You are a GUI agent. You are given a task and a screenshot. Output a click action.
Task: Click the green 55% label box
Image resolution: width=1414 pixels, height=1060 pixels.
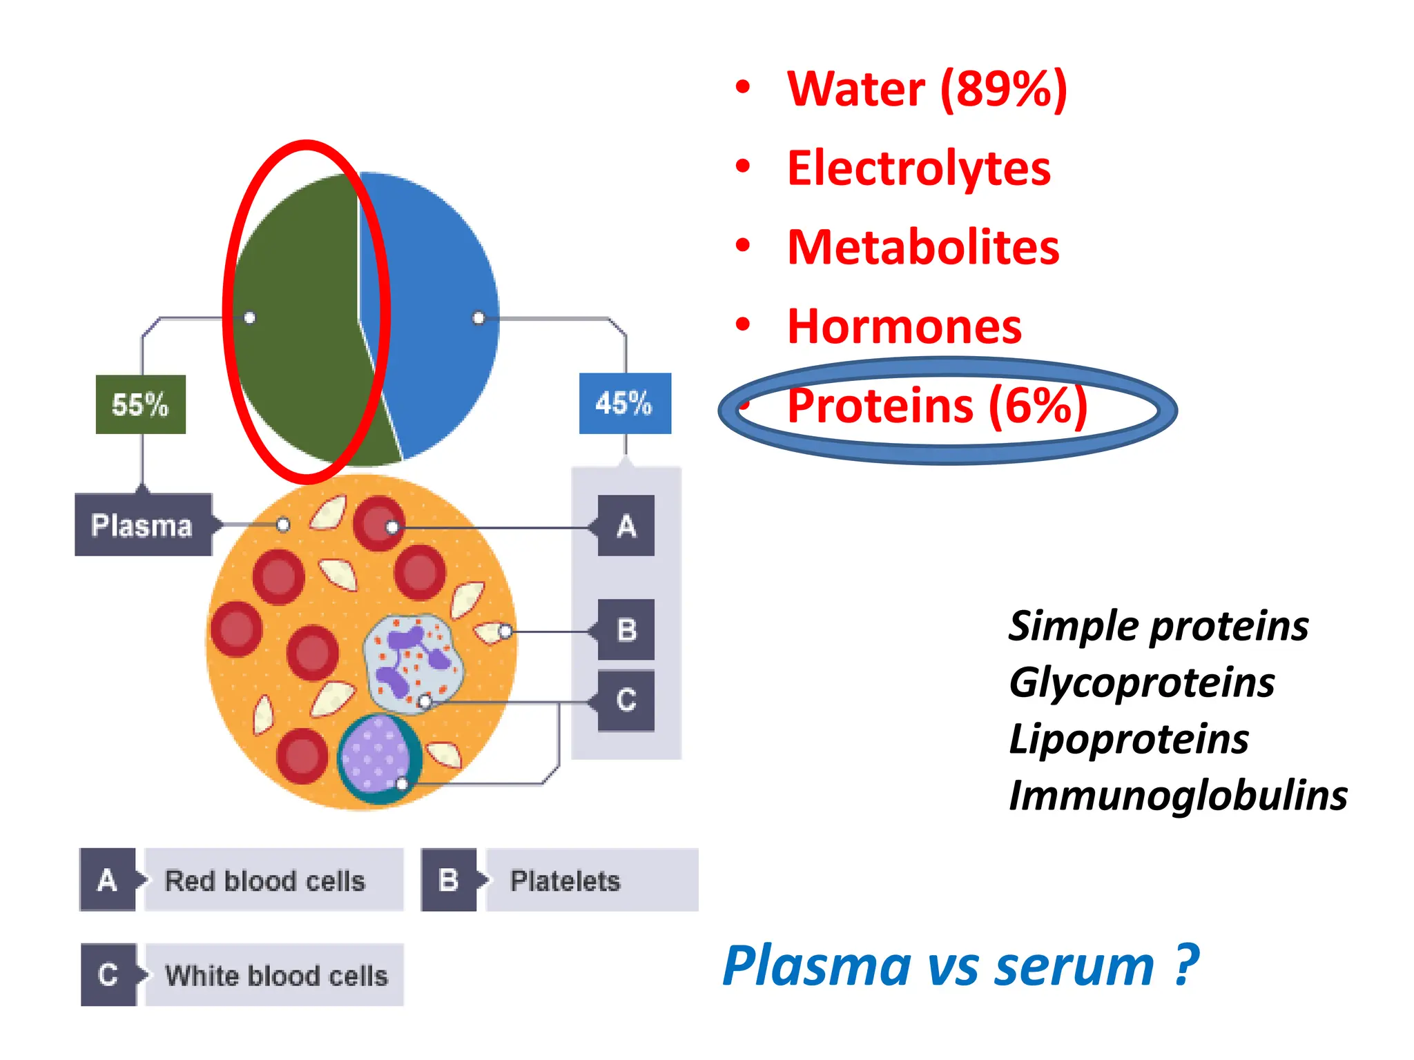[x=140, y=404]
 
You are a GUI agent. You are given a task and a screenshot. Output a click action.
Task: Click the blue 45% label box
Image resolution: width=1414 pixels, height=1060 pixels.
[x=625, y=403]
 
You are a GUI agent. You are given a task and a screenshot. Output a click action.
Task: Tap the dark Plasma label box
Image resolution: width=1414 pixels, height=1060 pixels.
[x=143, y=525]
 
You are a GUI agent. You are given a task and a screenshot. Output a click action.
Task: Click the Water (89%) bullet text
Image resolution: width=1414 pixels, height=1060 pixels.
[x=927, y=89]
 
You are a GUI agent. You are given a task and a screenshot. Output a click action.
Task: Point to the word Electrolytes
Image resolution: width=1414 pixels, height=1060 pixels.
[x=918, y=168]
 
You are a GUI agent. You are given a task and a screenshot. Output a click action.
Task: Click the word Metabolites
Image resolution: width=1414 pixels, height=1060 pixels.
[x=922, y=248]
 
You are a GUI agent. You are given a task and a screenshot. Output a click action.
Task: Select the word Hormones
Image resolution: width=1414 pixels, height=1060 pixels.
[x=904, y=326]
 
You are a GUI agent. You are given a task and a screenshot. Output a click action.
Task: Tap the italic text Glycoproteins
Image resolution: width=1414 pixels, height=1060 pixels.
[x=1141, y=683]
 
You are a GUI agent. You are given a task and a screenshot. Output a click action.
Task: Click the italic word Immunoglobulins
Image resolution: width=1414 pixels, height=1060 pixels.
[x=1177, y=795]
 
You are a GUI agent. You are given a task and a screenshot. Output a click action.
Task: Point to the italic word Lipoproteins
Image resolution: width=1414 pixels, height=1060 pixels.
[x=1128, y=739]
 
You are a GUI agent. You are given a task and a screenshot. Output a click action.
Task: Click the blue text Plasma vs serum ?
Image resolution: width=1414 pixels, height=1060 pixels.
[x=960, y=966]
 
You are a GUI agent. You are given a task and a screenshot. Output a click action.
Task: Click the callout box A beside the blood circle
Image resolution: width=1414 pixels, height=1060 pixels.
[x=626, y=526]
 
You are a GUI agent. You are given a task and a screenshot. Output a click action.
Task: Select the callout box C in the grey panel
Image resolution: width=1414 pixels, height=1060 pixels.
[x=626, y=700]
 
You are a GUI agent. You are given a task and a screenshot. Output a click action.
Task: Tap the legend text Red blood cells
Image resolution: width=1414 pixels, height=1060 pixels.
[x=265, y=881]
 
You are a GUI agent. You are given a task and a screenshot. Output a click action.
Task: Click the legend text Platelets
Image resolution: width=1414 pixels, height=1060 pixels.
[x=565, y=881]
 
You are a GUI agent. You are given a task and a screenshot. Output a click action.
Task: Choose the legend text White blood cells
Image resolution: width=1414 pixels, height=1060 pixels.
[x=276, y=976]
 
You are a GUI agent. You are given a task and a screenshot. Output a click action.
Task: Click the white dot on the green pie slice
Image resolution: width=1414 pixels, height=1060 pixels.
[x=250, y=317]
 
